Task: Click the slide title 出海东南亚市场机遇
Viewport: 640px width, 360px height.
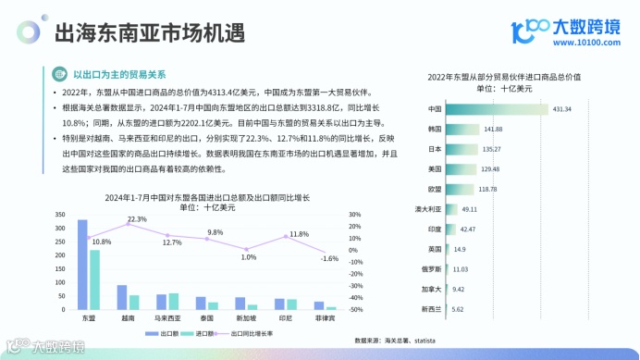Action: click(150, 34)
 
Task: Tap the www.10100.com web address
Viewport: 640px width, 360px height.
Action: click(584, 43)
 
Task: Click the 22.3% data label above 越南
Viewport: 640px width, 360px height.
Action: click(137, 219)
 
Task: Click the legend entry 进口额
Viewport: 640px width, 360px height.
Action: click(204, 333)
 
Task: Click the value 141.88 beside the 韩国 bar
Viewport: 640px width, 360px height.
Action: click(493, 129)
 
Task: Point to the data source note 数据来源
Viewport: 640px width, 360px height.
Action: click(395, 341)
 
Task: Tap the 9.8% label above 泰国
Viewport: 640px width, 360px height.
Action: click(215, 232)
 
